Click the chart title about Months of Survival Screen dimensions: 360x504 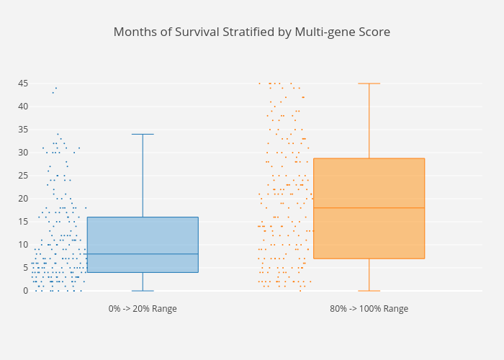252,32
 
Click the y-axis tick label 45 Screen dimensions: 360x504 23,84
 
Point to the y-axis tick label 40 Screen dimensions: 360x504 23,107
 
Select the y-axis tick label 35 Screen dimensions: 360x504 23,130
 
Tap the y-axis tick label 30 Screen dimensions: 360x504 23,153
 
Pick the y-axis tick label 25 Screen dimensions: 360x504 23,176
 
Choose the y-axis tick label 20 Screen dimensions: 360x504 23,199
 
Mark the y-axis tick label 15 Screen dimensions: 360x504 23,222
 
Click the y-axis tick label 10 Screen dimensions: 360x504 23,245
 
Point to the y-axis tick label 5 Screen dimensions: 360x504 25,268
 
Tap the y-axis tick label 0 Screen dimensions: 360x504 25,291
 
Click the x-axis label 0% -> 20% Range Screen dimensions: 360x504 143,309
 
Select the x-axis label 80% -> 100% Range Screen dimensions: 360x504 369,309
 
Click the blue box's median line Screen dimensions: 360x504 143,254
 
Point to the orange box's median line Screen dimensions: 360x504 369,208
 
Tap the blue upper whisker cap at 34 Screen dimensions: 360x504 143,134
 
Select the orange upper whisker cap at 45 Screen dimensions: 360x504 369,84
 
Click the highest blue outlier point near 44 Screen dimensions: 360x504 56,88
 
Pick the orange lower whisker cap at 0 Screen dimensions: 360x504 369,291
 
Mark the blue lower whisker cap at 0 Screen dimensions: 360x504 143,291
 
